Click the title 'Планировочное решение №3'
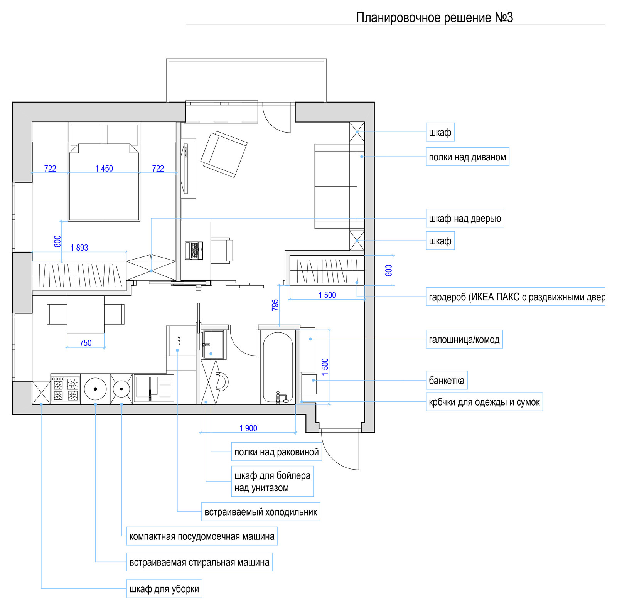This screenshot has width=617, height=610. [x=435, y=17]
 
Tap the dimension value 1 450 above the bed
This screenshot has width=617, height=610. [x=104, y=169]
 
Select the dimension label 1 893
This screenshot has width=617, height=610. [x=79, y=248]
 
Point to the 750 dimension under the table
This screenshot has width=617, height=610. [x=86, y=343]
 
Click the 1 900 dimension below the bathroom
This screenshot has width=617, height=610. [x=248, y=428]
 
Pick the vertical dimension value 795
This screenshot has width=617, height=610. [x=275, y=305]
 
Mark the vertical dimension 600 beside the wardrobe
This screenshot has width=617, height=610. [x=389, y=270]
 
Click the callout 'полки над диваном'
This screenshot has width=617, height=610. [x=467, y=157]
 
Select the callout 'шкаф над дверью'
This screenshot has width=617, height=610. [x=465, y=219]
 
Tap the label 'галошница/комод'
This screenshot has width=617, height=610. [x=464, y=339]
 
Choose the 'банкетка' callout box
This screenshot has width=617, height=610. [x=447, y=381]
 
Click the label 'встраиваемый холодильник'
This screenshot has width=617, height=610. [x=261, y=512]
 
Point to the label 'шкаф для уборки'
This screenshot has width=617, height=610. [x=164, y=589]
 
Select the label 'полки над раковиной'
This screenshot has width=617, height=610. [x=276, y=452]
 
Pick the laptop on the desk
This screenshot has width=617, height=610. [x=194, y=250]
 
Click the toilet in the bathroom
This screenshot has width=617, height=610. [x=221, y=382]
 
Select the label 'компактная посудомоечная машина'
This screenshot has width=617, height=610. [x=202, y=536]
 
